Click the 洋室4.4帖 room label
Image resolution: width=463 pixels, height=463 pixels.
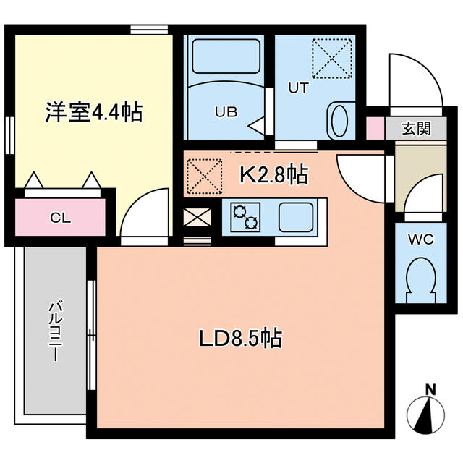click(x=93, y=112)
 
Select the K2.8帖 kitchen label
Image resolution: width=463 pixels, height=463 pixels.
click(x=274, y=174)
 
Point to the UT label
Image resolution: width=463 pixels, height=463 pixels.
click(x=299, y=88)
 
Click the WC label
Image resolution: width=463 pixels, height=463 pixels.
click(x=420, y=239)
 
